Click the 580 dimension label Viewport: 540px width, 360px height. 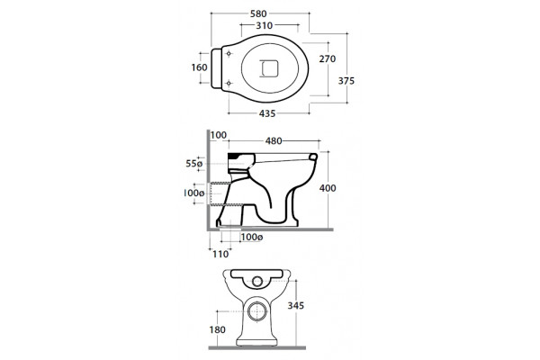258,13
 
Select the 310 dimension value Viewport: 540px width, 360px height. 264,25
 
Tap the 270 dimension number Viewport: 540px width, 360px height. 328,58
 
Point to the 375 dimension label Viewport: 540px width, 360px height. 346,81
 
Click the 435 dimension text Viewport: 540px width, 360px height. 267,113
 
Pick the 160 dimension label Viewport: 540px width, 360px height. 200,67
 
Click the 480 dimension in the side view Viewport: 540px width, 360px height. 274,141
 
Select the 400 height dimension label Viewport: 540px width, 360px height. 328,188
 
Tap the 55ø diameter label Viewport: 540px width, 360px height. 194,164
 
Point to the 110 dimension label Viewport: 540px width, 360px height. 220,254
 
